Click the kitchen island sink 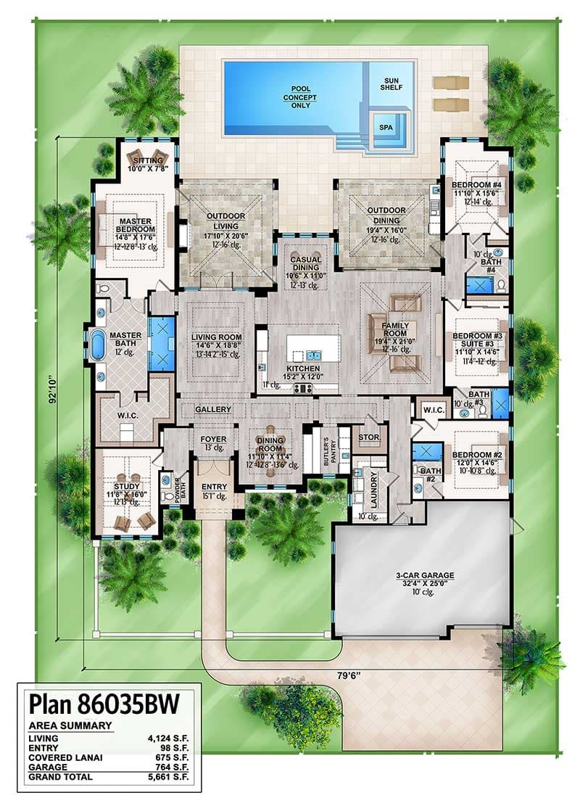pyautogui.click(x=313, y=355)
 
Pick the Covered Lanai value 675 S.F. pyautogui.click(x=167, y=757)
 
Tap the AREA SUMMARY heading pyautogui.click(x=70, y=725)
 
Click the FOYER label pyautogui.click(x=213, y=440)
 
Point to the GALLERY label pyautogui.click(x=213, y=410)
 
